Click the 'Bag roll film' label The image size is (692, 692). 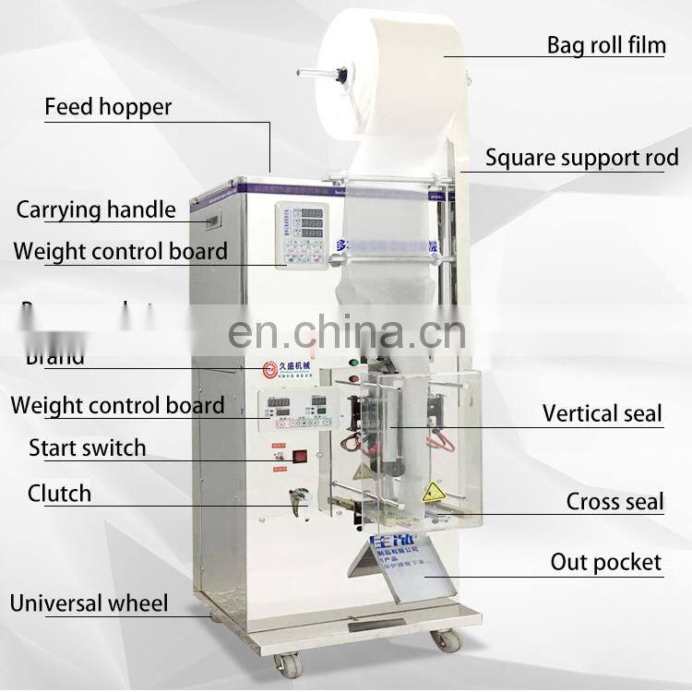pos(605,44)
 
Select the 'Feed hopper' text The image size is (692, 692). pos(108,107)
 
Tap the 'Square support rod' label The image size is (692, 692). pos(581,158)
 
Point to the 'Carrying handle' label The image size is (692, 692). pos(96,209)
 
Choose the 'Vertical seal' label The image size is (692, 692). pos(602,413)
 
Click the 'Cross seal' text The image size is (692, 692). pos(614,502)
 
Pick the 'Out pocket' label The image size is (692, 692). pos(605,562)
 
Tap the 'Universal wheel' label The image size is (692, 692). pos(89,604)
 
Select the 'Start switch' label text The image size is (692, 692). pos(88,448)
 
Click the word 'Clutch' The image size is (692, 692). pos(60,493)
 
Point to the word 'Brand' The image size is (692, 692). pos(55,358)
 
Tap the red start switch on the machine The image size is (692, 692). pos(299,455)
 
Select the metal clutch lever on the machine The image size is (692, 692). pos(297,499)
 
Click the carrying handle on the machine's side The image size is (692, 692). pos(214,221)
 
